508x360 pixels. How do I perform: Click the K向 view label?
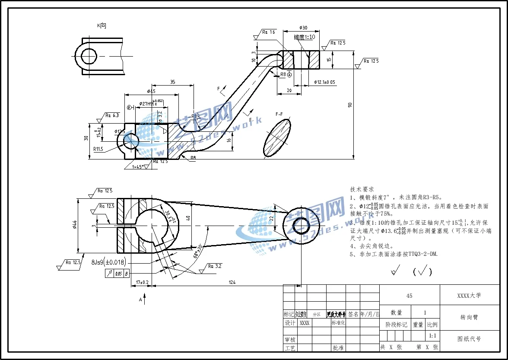[102, 26]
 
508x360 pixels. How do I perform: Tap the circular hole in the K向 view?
[89, 56]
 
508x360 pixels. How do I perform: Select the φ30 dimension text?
[303, 28]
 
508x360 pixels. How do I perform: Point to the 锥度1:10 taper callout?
[305, 37]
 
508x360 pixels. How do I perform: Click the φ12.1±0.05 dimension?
[325, 82]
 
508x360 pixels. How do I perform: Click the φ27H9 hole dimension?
[149, 104]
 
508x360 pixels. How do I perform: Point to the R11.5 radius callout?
[98, 149]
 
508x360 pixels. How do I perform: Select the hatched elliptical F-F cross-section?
[276, 138]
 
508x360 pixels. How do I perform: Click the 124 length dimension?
[232, 282]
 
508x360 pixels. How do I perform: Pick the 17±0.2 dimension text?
[142, 282]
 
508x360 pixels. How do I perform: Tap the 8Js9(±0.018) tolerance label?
[108, 262]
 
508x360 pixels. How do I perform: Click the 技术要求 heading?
[362, 189]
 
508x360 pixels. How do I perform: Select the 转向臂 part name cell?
[469, 317]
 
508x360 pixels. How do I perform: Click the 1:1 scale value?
[432, 336]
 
